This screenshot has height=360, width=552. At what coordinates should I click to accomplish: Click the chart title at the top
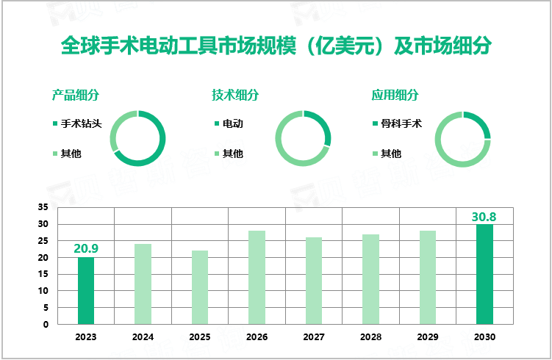pos(276,46)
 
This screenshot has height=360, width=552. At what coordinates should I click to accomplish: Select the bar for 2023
pos(86,290)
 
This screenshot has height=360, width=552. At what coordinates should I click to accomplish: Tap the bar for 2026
pos(257,277)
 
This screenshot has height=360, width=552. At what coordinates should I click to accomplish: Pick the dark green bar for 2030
pos(484,273)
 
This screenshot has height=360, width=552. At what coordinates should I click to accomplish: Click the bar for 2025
pos(200,287)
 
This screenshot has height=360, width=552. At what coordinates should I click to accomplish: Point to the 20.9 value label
pos(86,248)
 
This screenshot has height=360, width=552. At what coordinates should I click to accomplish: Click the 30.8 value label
pos(484,217)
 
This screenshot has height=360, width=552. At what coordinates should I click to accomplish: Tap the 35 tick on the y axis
pos(43,207)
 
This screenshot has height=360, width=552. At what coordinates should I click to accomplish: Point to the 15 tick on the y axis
pos(43,274)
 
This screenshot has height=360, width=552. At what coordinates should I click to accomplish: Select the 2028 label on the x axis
pos(370,337)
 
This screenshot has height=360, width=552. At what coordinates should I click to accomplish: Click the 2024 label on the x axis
pos(143,337)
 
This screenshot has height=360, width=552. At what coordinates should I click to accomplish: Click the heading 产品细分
pos(76,95)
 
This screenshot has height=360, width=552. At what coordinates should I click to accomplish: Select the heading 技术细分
pos(235,95)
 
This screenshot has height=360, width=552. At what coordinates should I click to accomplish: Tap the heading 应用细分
pos(395,95)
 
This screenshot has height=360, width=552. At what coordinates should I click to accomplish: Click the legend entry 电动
pos(232,123)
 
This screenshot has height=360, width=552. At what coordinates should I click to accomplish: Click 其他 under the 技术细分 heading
pos(232,154)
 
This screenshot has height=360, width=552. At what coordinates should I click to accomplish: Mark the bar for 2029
pos(428,277)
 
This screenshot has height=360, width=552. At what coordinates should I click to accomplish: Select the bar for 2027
pos(314,281)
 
